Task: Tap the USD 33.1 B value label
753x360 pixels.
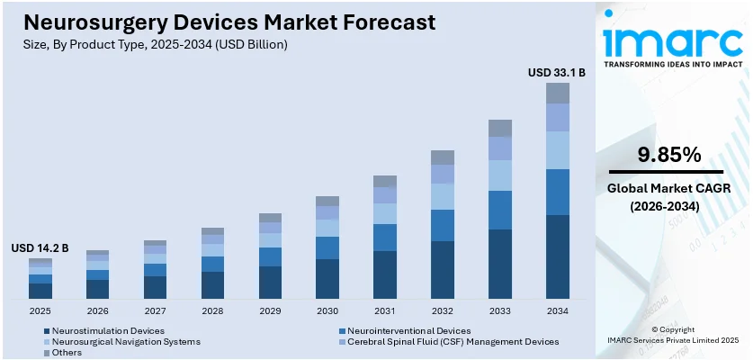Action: pyautogui.click(x=556, y=72)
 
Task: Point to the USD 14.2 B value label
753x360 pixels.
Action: pyautogui.click(x=40, y=247)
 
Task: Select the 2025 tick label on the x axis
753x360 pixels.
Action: pyautogui.click(x=40, y=310)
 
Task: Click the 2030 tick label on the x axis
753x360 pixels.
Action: pyautogui.click(x=327, y=310)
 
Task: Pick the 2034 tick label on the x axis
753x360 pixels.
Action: pyautogui.click(x=558, y=310)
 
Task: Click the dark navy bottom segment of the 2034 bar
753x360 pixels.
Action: pyautogui.click(x=558, y=256)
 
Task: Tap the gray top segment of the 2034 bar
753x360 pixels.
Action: pyautogui.click(x=558, y=93)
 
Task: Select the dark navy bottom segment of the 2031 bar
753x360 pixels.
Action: pyautogui.click(x=385, y=274)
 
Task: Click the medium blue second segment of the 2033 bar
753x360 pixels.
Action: pyautogui.click(x=500, y=210)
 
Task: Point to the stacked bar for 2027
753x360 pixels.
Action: pyautogui.click(x=155, y=269)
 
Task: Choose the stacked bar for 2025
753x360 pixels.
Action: pyautogui.click(x=40, y=278)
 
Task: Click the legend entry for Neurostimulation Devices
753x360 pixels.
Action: pyautogui.click(x=108, y=330)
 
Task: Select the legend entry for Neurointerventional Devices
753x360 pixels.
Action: pyautogui.click(x=408, y=330)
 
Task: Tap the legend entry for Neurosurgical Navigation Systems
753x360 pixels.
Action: pyautogui.click(x=126, y=342)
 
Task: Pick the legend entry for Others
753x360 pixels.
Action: pyautogui.click(x=67, y=353)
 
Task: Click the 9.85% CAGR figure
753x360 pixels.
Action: pyautogui.click(x=668, y=155)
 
